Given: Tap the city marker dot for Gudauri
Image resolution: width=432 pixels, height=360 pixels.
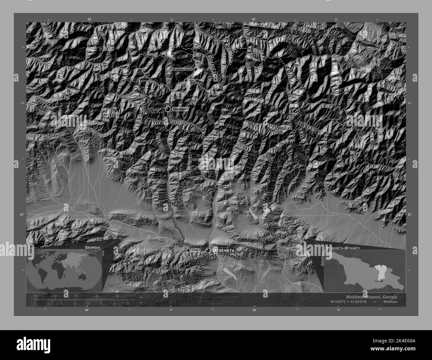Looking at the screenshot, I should [x=168, y=109].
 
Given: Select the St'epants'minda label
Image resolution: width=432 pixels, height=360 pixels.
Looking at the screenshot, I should [x=182, y=69].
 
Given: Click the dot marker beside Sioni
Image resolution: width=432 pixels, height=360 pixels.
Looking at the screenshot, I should [x=186, y=80].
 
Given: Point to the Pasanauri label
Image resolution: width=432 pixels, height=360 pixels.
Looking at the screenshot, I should [x=211, y=137].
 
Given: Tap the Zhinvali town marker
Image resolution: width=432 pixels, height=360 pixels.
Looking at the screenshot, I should [x=217, y=187].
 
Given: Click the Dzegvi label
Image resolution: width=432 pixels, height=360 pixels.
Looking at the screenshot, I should [x=195, y=250].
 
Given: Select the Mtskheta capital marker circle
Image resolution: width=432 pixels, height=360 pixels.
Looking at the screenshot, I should [x=208, y=250].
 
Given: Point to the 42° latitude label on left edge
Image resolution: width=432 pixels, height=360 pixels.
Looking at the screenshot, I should [x=22, y=215].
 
